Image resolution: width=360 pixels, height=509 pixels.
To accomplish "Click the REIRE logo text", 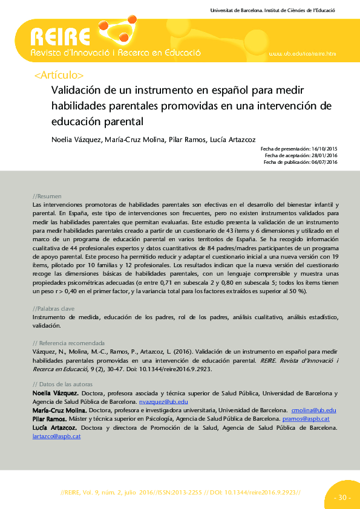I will pyautogui.click(x=61, y=37).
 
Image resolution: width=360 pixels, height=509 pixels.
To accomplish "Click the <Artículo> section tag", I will pyautogui.click(x=59, y=76).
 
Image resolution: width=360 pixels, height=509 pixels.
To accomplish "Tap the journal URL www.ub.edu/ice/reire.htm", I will pyautogui.click(x=301, y=54).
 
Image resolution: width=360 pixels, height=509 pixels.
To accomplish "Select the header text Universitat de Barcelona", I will pyautogui.click(x=237, y=11).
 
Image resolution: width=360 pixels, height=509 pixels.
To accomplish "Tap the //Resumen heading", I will pyautogui.click(x=47, y=196).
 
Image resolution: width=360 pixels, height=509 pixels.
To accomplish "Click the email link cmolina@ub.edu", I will pyautogui.click(x=313, y=410).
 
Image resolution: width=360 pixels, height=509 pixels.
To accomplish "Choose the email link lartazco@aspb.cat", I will pyautogui.click(x=56, y=435).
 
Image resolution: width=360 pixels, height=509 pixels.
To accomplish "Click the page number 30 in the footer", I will pyautogui.click(x=341, y=498).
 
